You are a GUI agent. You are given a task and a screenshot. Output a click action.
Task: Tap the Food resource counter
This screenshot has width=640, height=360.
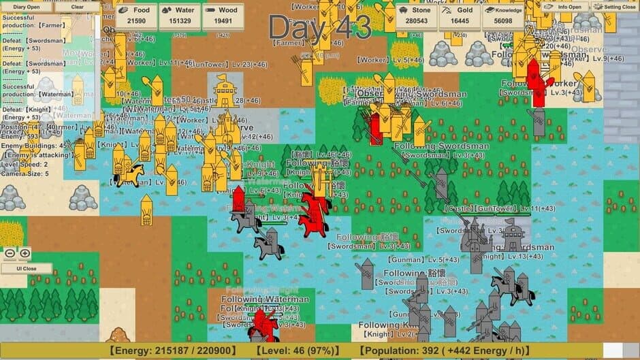(x=135, y=16)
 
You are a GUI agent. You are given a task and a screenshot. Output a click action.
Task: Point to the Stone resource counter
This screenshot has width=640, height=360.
(x=416, y=16)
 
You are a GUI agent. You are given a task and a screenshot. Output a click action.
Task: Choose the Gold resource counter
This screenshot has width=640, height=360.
(x=459, y=16)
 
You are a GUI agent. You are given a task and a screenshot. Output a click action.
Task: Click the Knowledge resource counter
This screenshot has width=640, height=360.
(x=503, y=16)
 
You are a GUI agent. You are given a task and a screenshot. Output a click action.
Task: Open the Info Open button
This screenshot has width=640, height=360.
(x=564, y=7)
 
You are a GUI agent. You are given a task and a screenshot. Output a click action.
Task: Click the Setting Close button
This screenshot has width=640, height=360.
(x=614, y=7)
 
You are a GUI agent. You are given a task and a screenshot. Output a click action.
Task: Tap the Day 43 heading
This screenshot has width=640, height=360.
(x=319, y=27)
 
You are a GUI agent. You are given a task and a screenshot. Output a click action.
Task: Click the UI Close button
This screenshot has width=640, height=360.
(x=25, y=268)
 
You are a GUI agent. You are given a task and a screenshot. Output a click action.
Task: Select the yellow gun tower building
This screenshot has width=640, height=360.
(x=225, y=92)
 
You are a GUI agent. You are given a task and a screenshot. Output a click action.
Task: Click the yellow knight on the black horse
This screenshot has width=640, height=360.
(x=127, y=174)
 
